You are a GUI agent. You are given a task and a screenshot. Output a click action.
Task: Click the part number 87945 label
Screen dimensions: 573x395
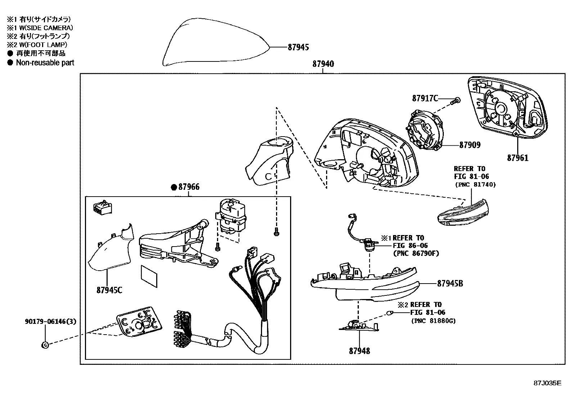tap(298, 47)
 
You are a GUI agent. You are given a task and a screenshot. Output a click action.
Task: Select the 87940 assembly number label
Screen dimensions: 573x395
tap(323, 64)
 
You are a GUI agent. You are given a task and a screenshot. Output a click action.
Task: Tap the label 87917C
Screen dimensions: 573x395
tap(425, 98)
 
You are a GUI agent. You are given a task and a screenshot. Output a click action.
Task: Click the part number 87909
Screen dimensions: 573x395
tap(470, 145)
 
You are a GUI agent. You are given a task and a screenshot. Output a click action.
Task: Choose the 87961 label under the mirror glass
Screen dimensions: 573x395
tap(518, 158)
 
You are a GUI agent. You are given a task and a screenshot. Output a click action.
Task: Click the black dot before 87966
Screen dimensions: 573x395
tap(174, 187)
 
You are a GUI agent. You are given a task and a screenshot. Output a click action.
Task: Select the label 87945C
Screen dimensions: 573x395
tap(109, 290)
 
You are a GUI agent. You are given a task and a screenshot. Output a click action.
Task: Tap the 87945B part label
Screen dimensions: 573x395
tap(450, 284)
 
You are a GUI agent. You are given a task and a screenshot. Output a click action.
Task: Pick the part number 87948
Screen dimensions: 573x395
tap(360, 351)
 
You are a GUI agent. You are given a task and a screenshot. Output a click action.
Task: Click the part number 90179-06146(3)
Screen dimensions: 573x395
tap(51, 321)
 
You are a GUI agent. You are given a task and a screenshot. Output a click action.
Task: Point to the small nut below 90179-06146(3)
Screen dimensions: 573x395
tap(45, 345)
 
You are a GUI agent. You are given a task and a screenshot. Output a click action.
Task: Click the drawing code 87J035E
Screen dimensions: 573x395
tap(547, 383)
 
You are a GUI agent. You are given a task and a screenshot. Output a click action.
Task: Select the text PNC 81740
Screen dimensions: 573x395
tap(475, 184)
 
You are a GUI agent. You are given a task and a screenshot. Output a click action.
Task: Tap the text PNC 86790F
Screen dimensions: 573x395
tap(416, 253)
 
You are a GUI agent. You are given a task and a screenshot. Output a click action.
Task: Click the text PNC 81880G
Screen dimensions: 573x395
tap(434, 321)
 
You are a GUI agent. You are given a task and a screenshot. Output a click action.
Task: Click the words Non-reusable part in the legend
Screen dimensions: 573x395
tap(45, 63)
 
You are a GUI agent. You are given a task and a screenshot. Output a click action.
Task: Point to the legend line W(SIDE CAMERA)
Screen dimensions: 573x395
tap(46, 28)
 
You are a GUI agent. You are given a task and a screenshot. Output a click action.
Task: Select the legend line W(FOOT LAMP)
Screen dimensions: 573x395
tap(43, 45)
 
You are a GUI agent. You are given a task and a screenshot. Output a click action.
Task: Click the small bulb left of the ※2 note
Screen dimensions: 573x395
tap(389, 313)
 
